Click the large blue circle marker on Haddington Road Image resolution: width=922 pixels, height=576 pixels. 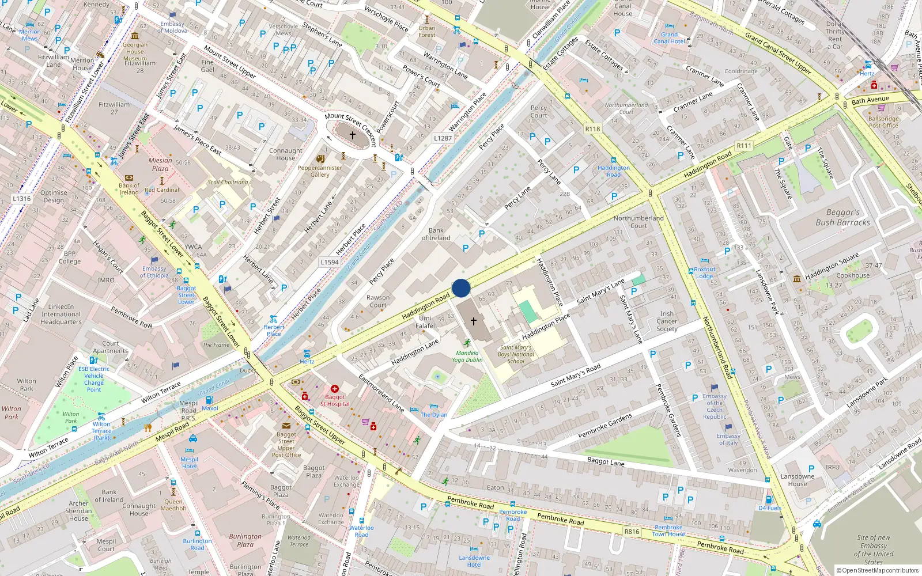pyautogui.click(x=461, y=288)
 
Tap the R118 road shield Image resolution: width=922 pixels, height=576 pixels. pyautogui.click(x=592, y=129)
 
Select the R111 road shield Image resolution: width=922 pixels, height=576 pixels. pyautogui.click(x=744, y=146)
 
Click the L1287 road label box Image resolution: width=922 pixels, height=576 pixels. pyautogui.click(x=443, y=138)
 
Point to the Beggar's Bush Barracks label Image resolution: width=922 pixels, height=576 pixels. pyautogui.click(x=842, y=217)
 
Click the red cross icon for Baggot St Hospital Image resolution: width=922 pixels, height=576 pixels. pyautogui.click(x=334, y=389)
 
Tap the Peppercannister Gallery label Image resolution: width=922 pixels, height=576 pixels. pyautogui.click(x=320, y=171)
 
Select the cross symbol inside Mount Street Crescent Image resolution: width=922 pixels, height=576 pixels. pyautogui.click(x=353, y=135)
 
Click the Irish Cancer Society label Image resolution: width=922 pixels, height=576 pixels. pyautogui.click(x=667, y=321)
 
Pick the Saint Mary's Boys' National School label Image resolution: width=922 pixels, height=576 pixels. pyautogui.click(x=516, y=354)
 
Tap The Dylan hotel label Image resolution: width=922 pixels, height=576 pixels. pyautogui.click(x=434, y=415)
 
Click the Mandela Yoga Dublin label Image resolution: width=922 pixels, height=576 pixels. pyautogui.click(x=467, y=356)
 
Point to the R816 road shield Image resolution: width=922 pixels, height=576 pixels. pyautogui.click(x=632, y=532)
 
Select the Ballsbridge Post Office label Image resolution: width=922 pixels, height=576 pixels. pyautogui.click(x=883, y=122)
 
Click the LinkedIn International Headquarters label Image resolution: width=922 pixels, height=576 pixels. pyautogui.click(x=61, y=314)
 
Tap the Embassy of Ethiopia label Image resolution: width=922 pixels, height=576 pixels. pyautogui.click(x=154, y=272)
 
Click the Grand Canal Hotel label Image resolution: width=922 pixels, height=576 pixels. pyautogui.click(x=669, y=38)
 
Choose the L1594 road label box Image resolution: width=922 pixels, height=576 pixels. pyautogui.click(x=330, y=262)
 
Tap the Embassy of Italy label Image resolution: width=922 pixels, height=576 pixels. pyautogui.click(x=728, y=439)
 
